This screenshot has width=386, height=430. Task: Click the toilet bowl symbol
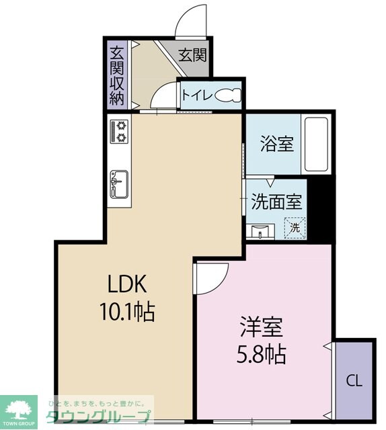coord(228,95)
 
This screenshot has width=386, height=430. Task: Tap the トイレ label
coord(197,95)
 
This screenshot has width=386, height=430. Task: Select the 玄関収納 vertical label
coord(117,76)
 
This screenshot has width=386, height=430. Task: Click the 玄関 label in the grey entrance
coord(192,55)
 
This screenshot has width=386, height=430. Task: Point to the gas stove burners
coord(119,132)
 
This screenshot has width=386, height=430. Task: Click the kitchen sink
coord(119,184)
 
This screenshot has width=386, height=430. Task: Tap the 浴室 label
coord(277,143)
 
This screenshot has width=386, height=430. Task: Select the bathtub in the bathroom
coord(317,144)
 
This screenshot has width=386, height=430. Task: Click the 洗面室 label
coord(277,202)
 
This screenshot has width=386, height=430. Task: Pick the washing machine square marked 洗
coord(295,228)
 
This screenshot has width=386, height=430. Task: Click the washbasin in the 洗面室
coord(260,231)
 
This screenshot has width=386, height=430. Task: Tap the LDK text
coord(127,284)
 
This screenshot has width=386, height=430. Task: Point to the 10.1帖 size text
coord(128,312)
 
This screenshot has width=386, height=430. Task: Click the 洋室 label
coord(262,327)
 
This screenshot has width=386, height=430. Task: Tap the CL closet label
coord(354,381)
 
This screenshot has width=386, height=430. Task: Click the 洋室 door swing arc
coord(221,285)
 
